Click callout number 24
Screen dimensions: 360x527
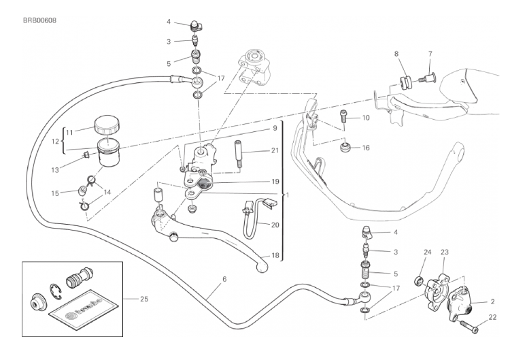(x=428, y=252)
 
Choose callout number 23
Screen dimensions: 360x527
(x=445, y=252)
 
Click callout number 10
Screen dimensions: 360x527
(x=365, y=118)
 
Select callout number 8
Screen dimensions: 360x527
(x=397, y=52)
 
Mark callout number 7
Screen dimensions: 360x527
(x=430, y=52)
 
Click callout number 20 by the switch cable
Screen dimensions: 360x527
(x=274, y=224)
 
